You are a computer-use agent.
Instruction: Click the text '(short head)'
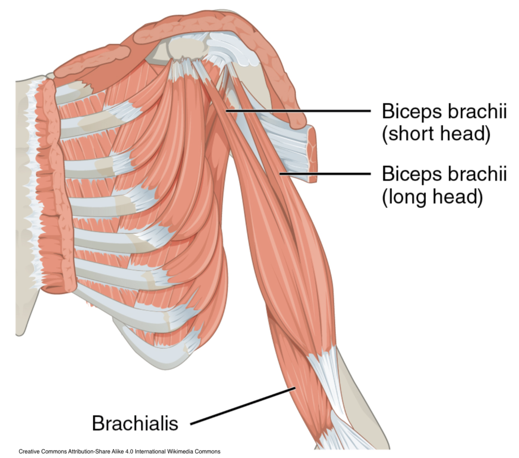pyautogui.click(x=436, y=134)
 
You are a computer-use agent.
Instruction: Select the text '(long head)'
pyautogui.click(x=431, y=197)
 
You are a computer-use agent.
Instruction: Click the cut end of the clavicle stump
pyautogui.click(x=310, y=154)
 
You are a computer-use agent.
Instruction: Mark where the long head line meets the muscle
pyautogui.click(x=280, y=174)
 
